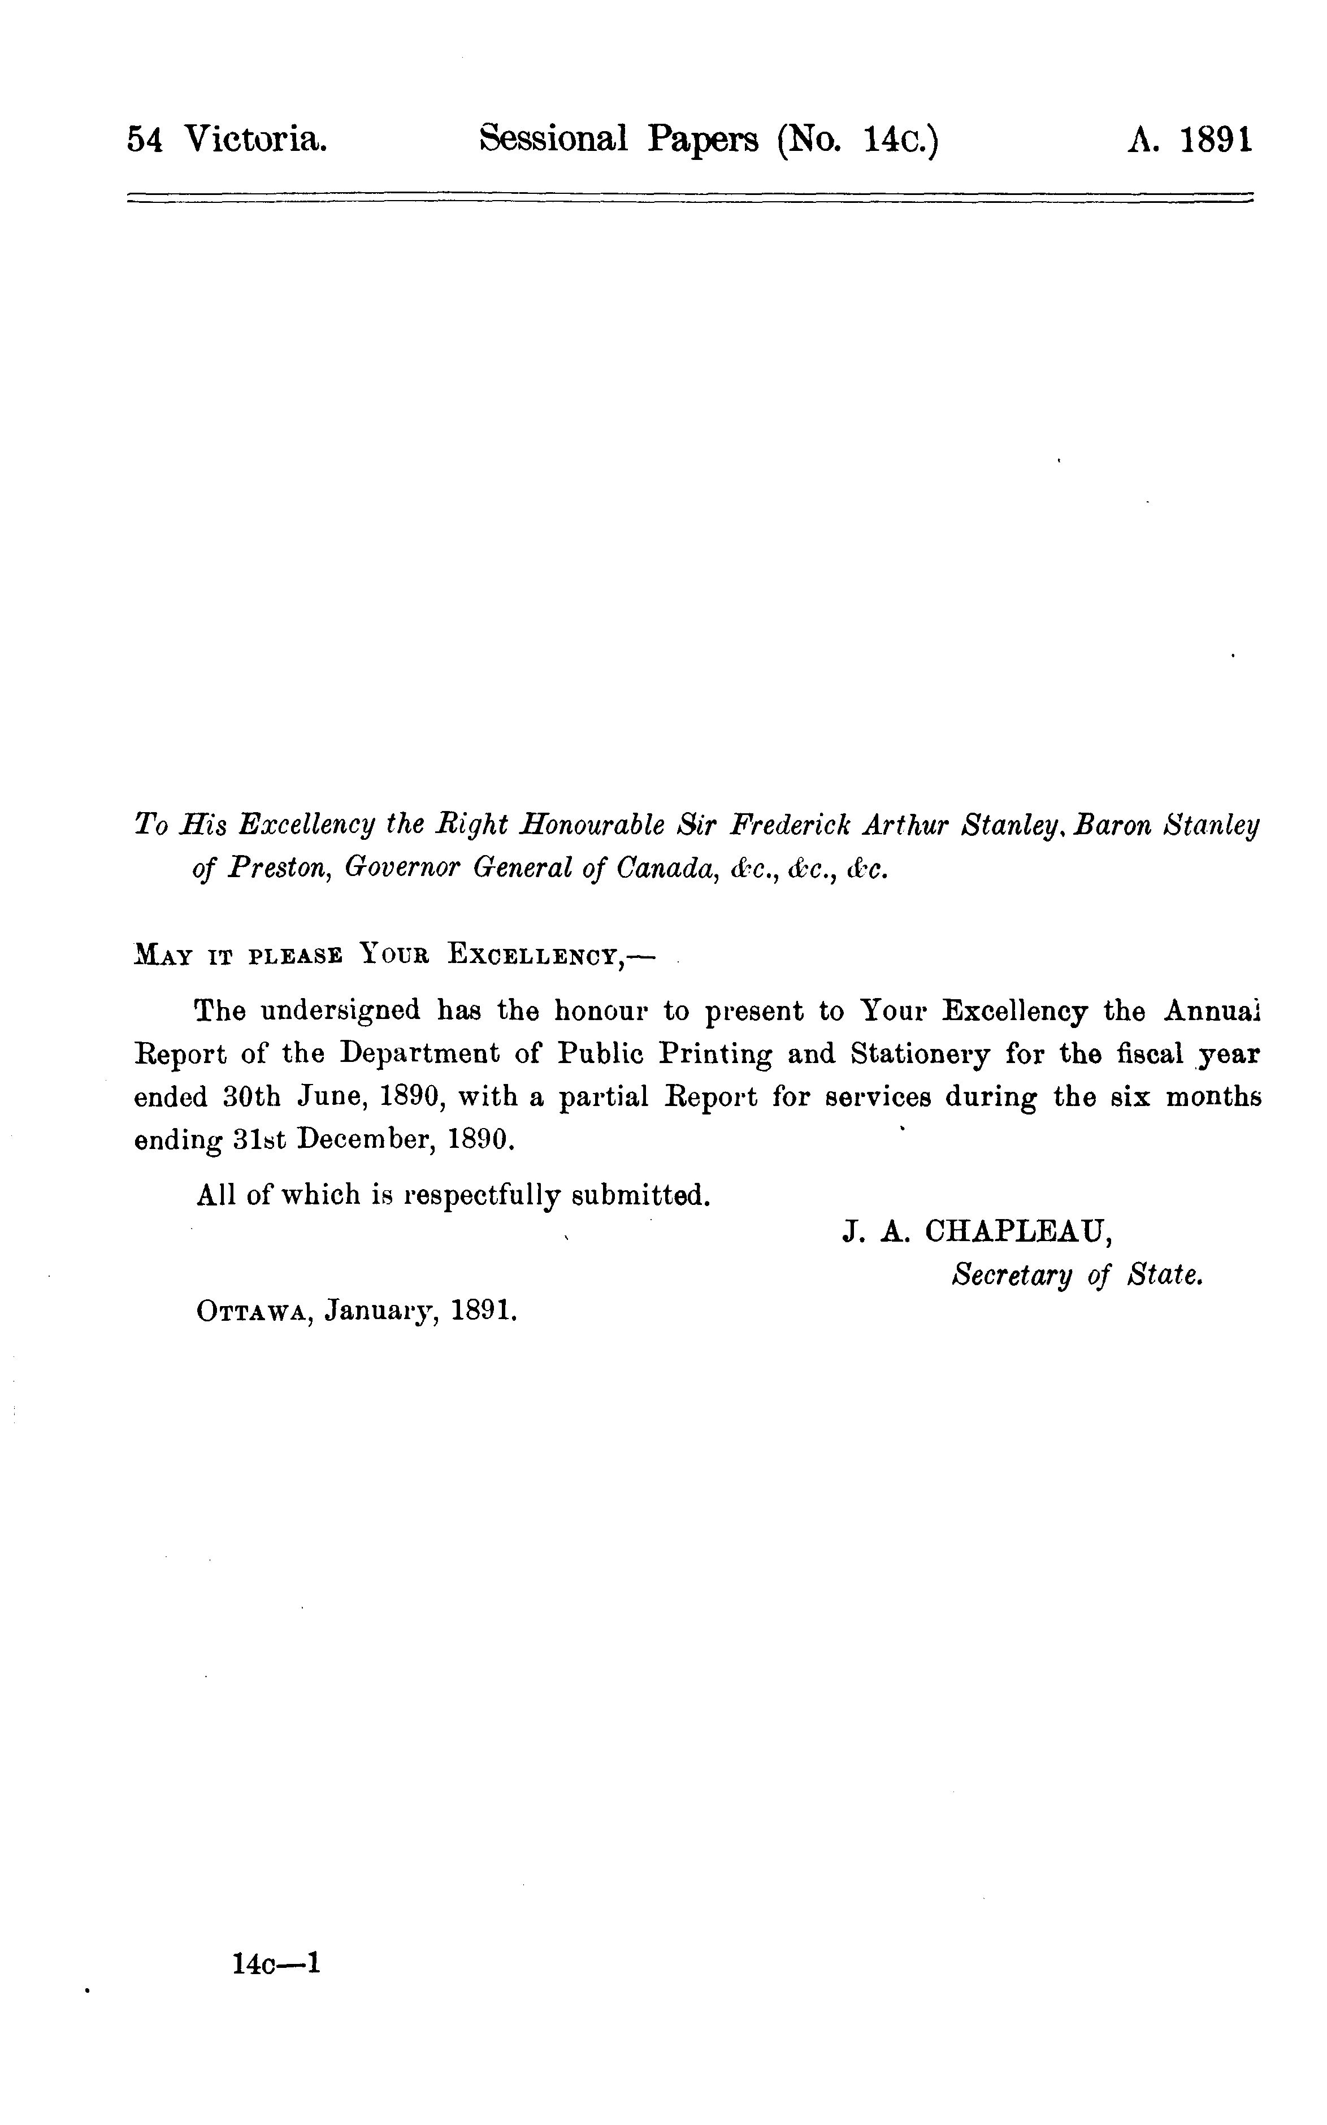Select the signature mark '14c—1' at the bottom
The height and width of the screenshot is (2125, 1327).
(x=276, y=1963)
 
